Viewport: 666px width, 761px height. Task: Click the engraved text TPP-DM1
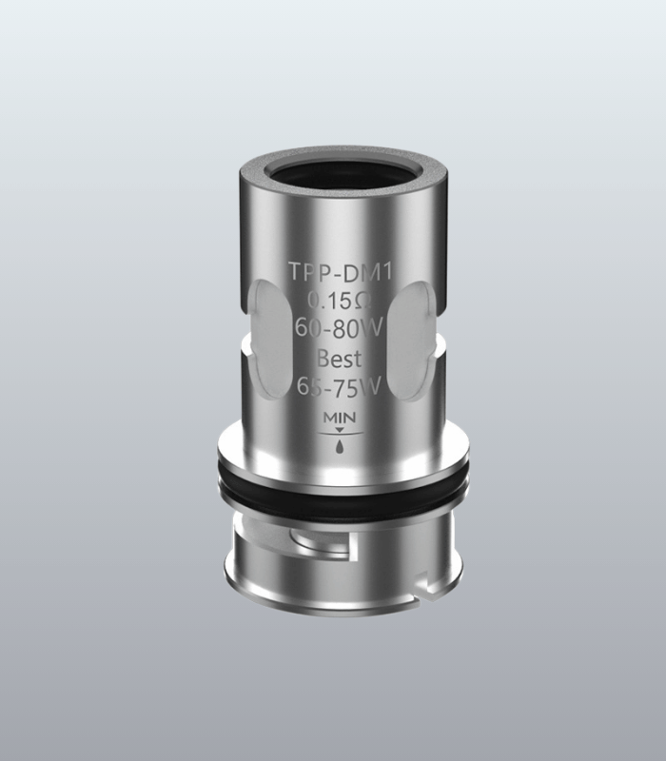tap(340, 272)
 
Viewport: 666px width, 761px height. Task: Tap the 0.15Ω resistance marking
tap(340, 301)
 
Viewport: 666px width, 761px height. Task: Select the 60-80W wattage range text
tap(340, 329)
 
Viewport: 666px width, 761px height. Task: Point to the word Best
tap(340, 359)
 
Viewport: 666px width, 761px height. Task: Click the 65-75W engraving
tap(339, 387)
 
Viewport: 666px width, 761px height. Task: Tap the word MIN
tap(340, 418)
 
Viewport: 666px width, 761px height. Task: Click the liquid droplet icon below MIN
tap(340, 445)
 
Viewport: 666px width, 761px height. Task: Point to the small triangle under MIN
tap(340, 430)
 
